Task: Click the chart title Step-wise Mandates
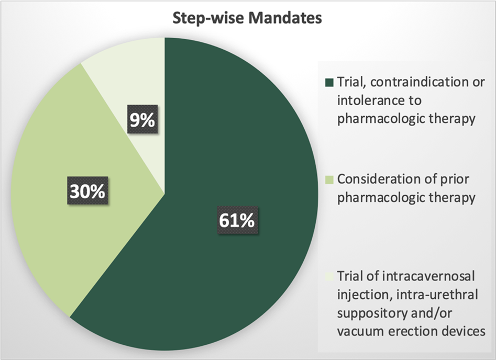[247, 18]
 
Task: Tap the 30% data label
[87, 190]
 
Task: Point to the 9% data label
[142, 119]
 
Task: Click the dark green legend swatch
[329, 83]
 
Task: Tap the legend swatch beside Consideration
[329, 180]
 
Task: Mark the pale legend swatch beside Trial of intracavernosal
[329, 277]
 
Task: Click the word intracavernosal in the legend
[428, 276]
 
